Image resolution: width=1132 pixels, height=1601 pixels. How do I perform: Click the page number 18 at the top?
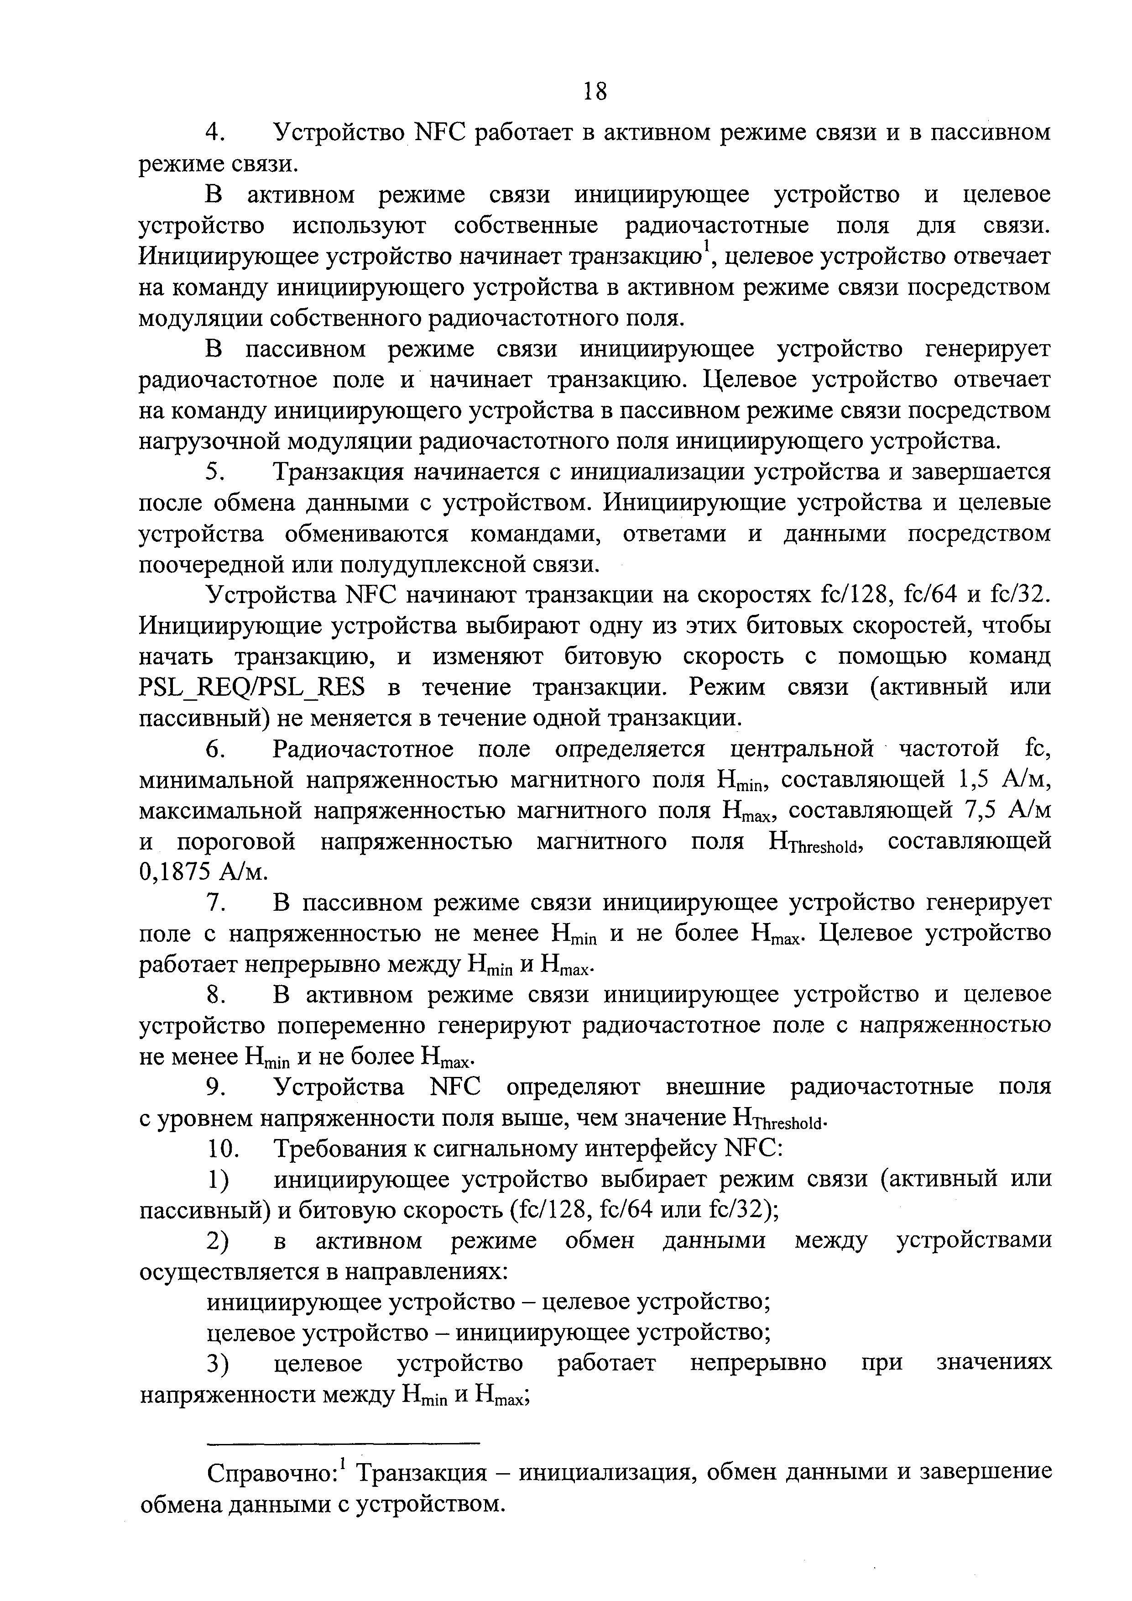(595, 91)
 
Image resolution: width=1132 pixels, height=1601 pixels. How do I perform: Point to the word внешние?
(715, 1088)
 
